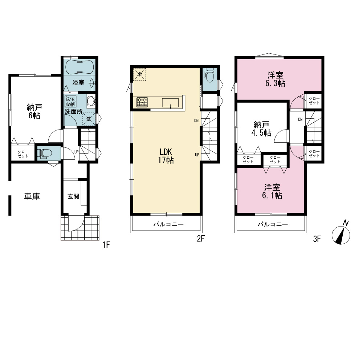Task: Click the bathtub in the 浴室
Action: tap(79, 66)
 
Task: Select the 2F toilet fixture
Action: tap(209, 75)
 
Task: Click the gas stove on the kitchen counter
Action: tap(142, 102)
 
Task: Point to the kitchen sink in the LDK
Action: tap(170, 103)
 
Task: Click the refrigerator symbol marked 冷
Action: tap(139, 74)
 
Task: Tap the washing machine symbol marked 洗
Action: tap(89, 119)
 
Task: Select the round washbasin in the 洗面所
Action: tap(91, 101)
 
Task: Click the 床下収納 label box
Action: tap(70, 101)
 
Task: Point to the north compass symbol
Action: tap(341, 233)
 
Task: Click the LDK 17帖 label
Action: tap(166, 156)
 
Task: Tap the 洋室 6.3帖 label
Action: tap(275, 79)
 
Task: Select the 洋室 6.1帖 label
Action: tap(272, 191)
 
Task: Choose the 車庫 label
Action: tap(32, 196)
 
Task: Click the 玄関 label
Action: tap(73, 196)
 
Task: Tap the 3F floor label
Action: tap(317, 239)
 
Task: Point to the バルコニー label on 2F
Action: tap(168, 224)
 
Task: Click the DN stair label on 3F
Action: tap(300, 119)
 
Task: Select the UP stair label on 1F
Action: tap(76, 152)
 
